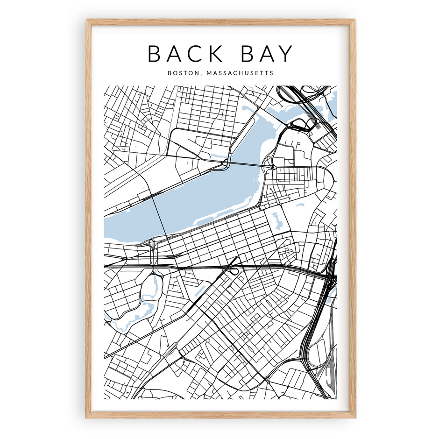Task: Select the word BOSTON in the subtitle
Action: (x=179, y=73)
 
